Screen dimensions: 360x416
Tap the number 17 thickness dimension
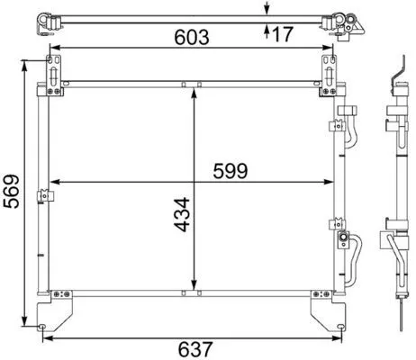coord(283,35)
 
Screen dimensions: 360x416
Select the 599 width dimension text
coord(230,169)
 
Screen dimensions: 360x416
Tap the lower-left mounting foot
coord(51,310)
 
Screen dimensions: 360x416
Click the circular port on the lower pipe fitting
coord(342,238)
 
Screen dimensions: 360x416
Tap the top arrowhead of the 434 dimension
coord(195,93)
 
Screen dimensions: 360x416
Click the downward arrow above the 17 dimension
coord(267,10)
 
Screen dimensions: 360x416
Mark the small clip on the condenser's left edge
coord(42,195)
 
